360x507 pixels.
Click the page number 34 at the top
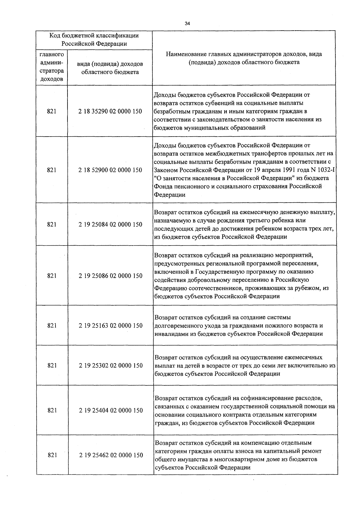187,24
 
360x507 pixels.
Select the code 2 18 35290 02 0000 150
110,111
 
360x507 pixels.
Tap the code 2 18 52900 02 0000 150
110,170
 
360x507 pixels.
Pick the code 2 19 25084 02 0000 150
110,224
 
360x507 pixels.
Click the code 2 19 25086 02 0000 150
110,276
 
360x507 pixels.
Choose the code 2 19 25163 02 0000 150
111,325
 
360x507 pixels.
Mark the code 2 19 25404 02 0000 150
111,410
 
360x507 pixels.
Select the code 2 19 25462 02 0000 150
111,455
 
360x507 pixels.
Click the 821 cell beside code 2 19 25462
52,455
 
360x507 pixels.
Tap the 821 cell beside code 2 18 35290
52,111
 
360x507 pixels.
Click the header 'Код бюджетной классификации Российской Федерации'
94,40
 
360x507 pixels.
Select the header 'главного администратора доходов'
52,67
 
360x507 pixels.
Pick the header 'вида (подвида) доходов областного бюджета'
110,68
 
